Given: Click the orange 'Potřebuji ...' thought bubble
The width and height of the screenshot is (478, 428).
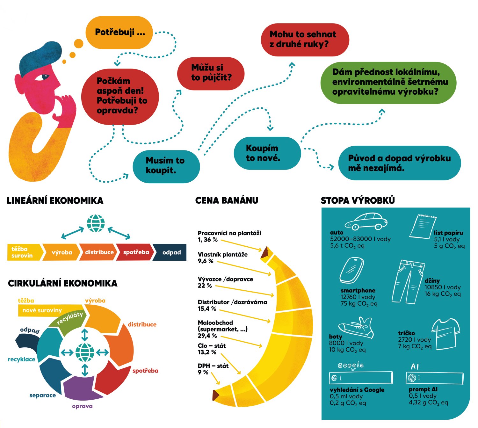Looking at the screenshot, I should pos(119,33).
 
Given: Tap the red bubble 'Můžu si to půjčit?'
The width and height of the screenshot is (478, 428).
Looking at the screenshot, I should pos(211,73).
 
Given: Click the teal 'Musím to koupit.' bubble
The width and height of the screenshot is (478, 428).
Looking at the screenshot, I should pos(166,166).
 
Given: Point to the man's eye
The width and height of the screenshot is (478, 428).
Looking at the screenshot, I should pos(45,77).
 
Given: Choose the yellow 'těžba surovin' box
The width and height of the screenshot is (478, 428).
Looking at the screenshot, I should pos(23,252).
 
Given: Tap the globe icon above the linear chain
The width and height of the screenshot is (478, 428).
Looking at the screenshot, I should pos(96,223).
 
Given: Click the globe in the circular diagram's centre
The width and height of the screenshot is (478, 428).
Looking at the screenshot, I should pos(85,352).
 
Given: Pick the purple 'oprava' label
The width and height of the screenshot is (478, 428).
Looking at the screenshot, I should pos(82,406).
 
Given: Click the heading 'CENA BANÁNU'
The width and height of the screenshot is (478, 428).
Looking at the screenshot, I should pos(227,200).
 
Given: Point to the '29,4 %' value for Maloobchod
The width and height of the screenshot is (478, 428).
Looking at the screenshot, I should pos(207,336).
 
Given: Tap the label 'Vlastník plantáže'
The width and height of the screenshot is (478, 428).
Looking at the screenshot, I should pos(222,254).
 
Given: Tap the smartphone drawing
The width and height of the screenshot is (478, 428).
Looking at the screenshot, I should pos(351,271).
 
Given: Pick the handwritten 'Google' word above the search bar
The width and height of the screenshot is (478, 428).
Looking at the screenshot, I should pos(351,366).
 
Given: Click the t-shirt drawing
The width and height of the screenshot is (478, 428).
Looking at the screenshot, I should pos(446,333).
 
